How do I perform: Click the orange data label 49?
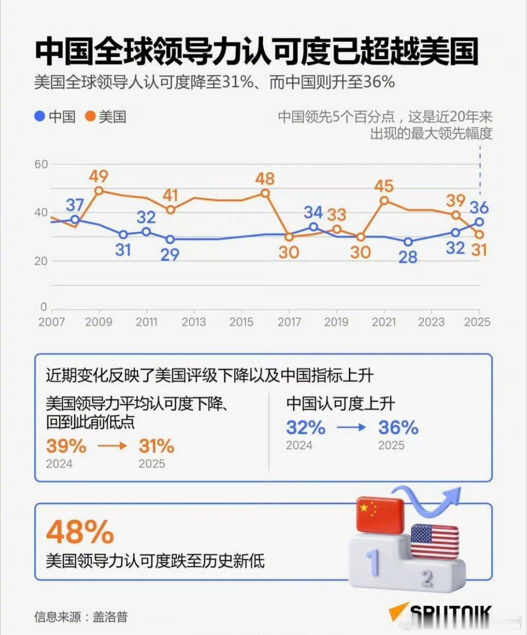[x=99, y=176]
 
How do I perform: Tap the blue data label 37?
[x=75, y=205]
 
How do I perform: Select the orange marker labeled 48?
[x=265, y=193]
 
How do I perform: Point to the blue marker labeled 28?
[x=408, y=242]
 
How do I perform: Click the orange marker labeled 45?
[x=384, y=200]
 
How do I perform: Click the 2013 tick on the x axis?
[x=194, y=322]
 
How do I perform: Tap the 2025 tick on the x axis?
[x=477, y=322]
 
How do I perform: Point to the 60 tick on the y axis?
[x=41, y=164]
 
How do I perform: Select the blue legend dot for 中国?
[x=40, y=116]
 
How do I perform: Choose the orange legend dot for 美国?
[x=90, y=116]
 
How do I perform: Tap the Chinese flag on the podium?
[x=380, y=515]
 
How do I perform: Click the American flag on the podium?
[x=434, y=541]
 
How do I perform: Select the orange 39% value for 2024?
[x=66, y=446]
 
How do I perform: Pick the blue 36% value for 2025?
[x=398, y=427]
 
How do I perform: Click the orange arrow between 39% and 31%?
[x=113, y=446]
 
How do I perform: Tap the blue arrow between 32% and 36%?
[x=351, y=427]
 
